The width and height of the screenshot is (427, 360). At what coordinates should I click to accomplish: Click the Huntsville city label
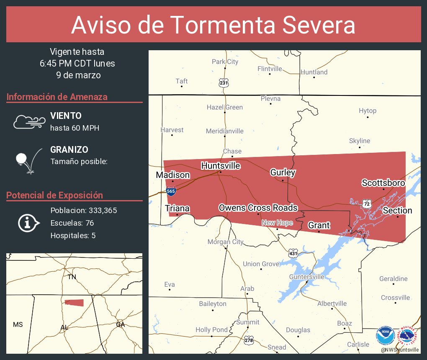(x=221, y=166)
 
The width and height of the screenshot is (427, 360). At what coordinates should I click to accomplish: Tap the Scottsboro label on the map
(x=383, y=183)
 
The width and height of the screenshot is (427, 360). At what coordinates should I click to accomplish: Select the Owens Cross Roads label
(x=258, y=208)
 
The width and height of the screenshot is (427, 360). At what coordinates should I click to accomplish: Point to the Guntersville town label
(x=306, y=277)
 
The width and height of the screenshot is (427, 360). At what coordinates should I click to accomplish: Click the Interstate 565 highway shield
(x=171, y=191)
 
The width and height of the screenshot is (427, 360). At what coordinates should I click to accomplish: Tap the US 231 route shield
(x=224, y=82)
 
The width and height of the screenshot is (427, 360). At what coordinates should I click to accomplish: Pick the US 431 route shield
(x=293, y=253)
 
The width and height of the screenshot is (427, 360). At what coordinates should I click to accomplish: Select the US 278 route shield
(x=249, y=340)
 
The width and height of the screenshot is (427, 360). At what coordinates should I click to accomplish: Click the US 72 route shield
(x=367, y=203)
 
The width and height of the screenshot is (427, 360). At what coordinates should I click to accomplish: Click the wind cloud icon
(x=29, y=121)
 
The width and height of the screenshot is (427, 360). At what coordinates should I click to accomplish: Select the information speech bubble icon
(x=28, y=223)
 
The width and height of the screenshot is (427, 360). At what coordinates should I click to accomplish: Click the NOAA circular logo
(x=385, y=336)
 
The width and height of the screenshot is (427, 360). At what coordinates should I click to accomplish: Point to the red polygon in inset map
(x=74, y=303)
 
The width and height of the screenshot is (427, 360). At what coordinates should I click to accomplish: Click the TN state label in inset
(x=72, y=277)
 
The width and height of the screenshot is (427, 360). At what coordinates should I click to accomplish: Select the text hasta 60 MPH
(x=75, y=128)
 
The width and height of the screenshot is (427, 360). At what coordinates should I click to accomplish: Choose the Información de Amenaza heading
(x=57, y=97)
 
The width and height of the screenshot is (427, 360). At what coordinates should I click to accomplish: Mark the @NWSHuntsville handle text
(x=400, y=350)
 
